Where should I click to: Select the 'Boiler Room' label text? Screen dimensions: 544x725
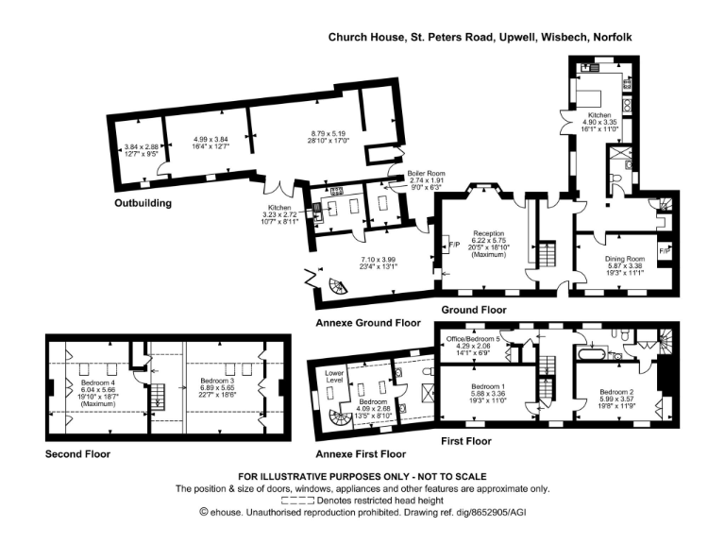point(420,174)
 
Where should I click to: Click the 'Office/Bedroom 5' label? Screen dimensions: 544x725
point(474,339)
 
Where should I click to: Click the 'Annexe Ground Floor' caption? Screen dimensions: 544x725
point(368,322)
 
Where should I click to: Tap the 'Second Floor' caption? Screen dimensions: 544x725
point(77,454)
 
